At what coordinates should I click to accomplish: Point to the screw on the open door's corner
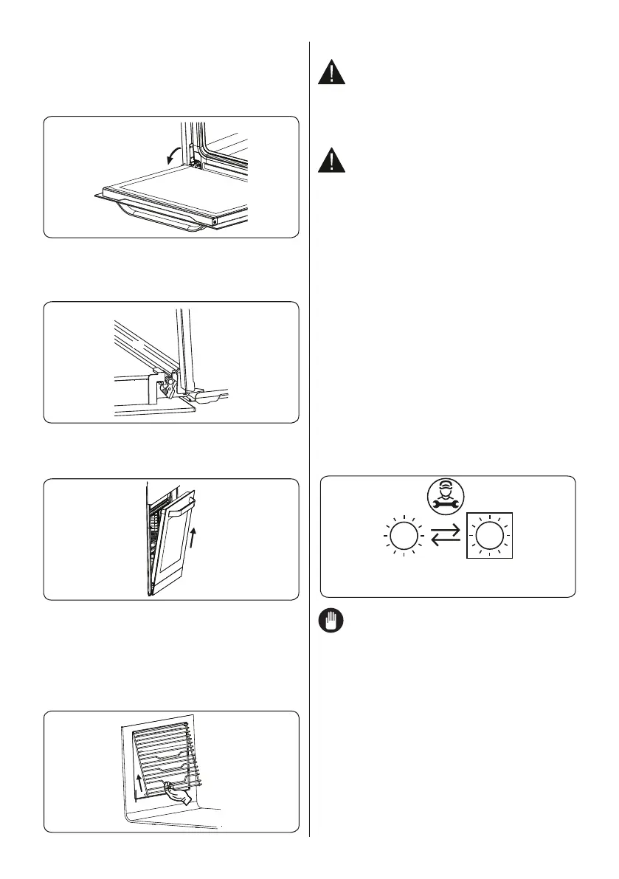coord(215,220)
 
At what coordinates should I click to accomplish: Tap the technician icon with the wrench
coord(446,496)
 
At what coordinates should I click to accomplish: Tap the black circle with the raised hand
coord(333,623)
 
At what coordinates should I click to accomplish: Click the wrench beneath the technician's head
coord(446,503)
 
